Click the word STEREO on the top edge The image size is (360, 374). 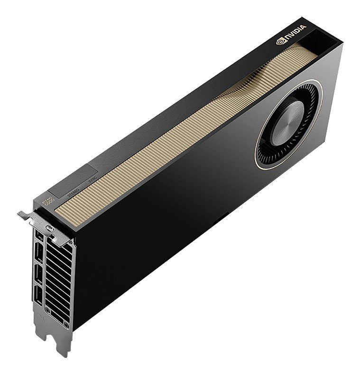[x=74, y=191]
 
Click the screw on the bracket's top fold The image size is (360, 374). [x=48, y=231]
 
